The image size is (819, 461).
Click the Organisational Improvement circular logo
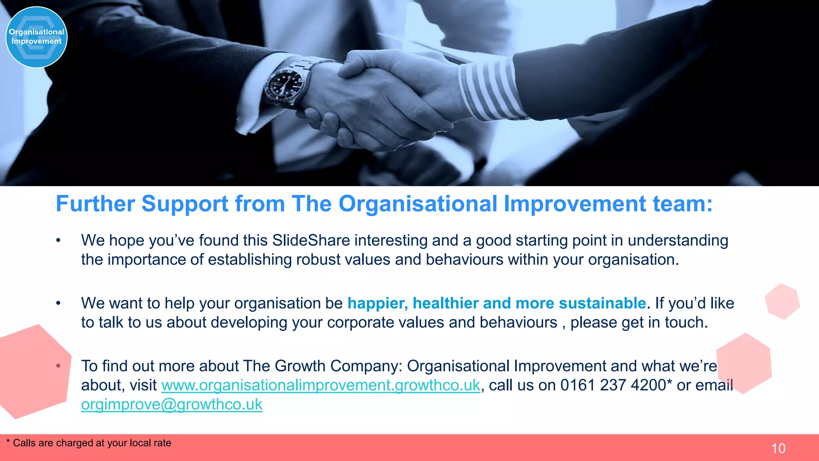coord(36,37)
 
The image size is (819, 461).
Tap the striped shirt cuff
coord(488,90)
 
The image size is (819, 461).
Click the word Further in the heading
coord(95,204)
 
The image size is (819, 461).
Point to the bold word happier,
coord(378,303)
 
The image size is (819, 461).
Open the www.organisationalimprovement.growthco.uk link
coord(320,385)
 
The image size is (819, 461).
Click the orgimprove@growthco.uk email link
coord(172,405)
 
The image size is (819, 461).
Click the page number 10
coord(778,448)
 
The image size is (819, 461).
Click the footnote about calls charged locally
coord(89,443)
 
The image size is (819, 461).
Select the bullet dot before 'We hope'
coord(58,241)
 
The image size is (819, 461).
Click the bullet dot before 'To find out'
coord(58,366)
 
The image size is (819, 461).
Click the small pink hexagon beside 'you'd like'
coord(782,301)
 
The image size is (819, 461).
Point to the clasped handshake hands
coord(384,104)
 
